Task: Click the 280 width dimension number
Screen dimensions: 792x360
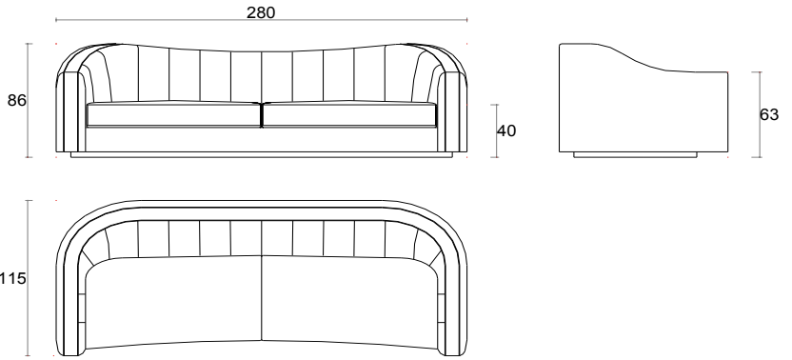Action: [x=261, y=12]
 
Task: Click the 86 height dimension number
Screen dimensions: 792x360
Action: [x=17, y=101]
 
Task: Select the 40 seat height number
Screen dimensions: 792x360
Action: [x=506, y=131]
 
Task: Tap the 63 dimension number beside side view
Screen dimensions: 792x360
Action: [x=769, y=115]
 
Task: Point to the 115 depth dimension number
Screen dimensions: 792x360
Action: [x=12, y=278]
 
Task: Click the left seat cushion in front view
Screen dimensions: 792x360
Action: [x=173, y=114]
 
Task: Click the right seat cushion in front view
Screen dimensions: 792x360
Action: [x=349, y=114]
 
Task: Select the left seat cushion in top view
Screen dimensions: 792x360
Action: [x=173, y=301]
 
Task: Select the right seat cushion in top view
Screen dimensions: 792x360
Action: [x=349, y=301]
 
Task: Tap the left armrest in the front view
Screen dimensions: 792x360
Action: [x=70, y=111]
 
